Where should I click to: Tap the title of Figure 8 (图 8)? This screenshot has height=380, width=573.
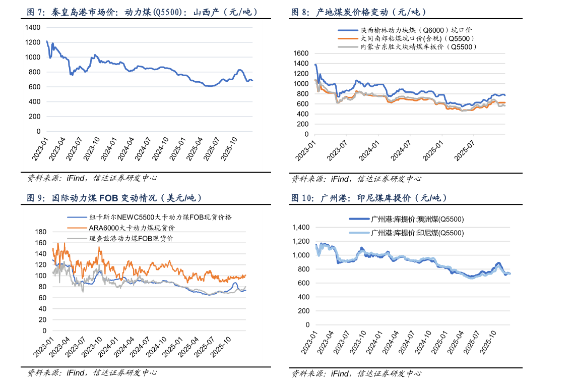[358, 13]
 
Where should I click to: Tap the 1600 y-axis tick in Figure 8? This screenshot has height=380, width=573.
[300, 53]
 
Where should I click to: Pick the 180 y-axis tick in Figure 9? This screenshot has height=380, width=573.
[40, 232]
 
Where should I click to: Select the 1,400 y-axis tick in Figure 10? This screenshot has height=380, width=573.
[302, 228]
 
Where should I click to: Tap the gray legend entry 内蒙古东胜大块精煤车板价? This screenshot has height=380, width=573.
[418, 46]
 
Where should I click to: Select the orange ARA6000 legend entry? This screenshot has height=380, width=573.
[132, 228]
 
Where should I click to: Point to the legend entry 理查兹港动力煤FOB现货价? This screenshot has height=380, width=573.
[131, 238]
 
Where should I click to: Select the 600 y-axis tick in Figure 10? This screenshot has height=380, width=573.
[305, 283]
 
